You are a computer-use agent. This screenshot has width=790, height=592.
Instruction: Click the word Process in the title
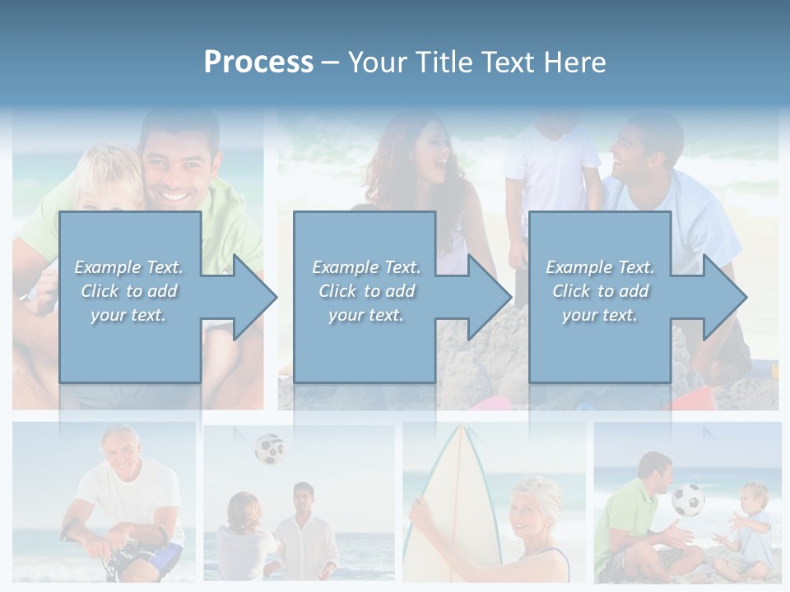point(258,62)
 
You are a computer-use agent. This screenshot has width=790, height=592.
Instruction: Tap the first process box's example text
point(129,291)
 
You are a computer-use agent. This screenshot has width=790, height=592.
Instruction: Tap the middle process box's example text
point(366,291)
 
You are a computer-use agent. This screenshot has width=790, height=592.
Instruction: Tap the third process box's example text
point(600,291)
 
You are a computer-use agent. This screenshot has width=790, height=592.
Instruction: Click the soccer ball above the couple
point(269,449)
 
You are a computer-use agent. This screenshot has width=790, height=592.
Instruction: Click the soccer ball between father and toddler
point(688,500)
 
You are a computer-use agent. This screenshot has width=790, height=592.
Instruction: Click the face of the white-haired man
point(121,448)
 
